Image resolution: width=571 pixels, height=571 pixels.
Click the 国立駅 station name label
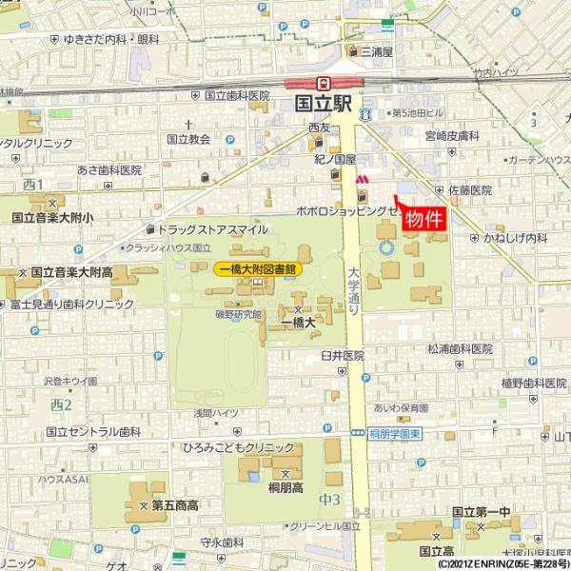pyautogui.click(x=324, y=104)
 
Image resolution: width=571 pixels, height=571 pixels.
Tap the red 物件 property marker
pyautogui.click(x=424, y=218)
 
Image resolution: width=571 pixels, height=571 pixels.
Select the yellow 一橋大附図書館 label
pyautogui.click(x=258, y=269)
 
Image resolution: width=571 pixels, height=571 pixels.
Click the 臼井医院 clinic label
pyautogui.click(x=343, y=355)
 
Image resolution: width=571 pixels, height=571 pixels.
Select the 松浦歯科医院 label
pyautogui.click(x=461, y=349)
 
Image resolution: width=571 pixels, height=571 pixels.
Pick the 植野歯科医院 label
pyautogui.click(x=507, y=383)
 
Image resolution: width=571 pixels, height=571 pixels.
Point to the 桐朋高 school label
pyautogui.click(x=285, y=487)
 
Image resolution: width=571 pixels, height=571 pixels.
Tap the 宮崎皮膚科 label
pyautogui.click(x=452, y=136)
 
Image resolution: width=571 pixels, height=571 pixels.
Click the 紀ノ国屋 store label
pyautogui.click(x=336, y=160)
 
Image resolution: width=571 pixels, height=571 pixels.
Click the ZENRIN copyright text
pyautogui.click(x=504, y=563)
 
